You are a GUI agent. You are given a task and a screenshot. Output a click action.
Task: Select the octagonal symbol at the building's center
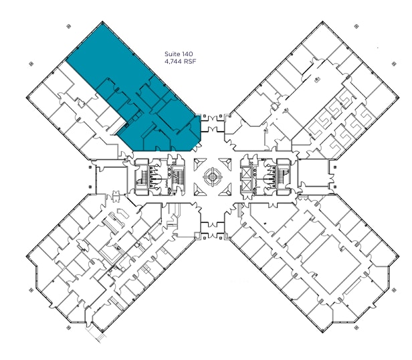pyautogui.click(x=211, y=177)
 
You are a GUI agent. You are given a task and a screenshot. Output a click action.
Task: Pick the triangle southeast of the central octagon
pyautogui.click(x=223, y=189)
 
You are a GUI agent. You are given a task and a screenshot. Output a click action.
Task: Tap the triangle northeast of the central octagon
pyautogui.click(x=223, y=165)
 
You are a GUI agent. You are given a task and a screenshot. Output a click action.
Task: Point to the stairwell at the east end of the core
pyautogui.click(x=279, y=178)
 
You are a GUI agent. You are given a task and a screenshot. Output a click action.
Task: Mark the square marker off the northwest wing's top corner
pyautogui.click(x=69, y=26)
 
